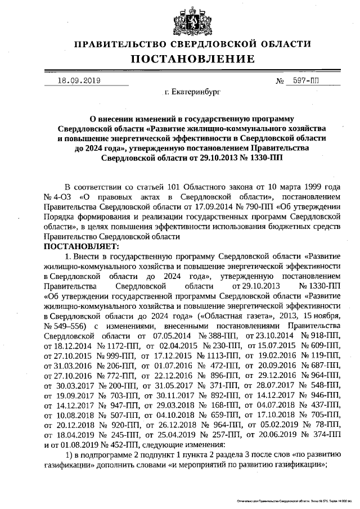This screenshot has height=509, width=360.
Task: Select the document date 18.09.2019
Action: pos(79,80)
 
